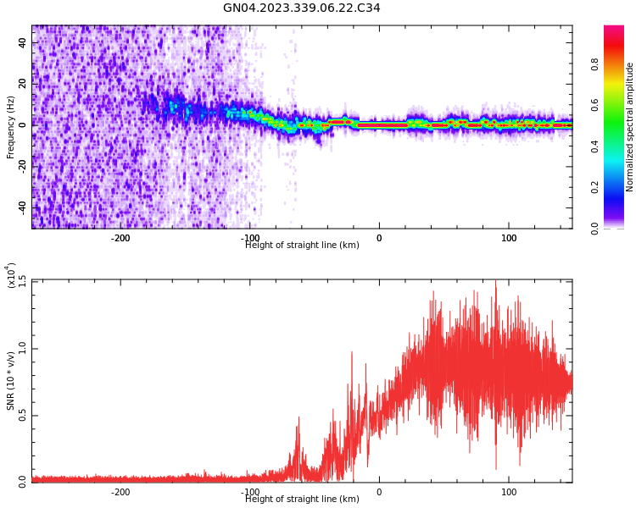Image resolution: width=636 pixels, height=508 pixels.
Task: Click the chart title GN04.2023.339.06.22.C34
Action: [x=301, y=8]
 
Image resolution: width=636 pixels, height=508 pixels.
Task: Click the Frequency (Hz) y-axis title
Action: [x=11, y=127]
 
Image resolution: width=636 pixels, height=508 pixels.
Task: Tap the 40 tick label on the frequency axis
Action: [x=22, y=43]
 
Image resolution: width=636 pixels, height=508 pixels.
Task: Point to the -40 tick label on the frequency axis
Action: [x=20, y=207]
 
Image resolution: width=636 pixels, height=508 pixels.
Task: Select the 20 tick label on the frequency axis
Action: [x=22, y=84]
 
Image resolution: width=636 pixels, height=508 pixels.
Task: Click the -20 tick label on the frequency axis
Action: [x=20, y=166]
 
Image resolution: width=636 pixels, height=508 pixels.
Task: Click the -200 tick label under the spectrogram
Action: [x=120, y=238]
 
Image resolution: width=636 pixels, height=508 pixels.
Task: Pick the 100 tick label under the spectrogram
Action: [x=509, y=238]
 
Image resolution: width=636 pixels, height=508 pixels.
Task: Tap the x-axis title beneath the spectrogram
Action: [x=302, y=246]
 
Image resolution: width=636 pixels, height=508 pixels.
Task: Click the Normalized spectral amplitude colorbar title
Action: [x=630, y=127]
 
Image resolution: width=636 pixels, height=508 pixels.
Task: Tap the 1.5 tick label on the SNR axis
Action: [x=22, y=281]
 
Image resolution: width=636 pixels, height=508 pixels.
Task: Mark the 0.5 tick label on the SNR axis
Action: [x=22, y=415]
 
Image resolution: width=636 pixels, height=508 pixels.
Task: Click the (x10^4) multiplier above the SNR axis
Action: [x=12, y=275]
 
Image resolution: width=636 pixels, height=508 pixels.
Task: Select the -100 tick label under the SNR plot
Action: [x=250, y=492]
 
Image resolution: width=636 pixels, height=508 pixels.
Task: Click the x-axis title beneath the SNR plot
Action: [x=302, y=500]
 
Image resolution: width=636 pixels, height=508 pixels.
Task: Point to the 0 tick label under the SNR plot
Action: [x=379, y=492]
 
